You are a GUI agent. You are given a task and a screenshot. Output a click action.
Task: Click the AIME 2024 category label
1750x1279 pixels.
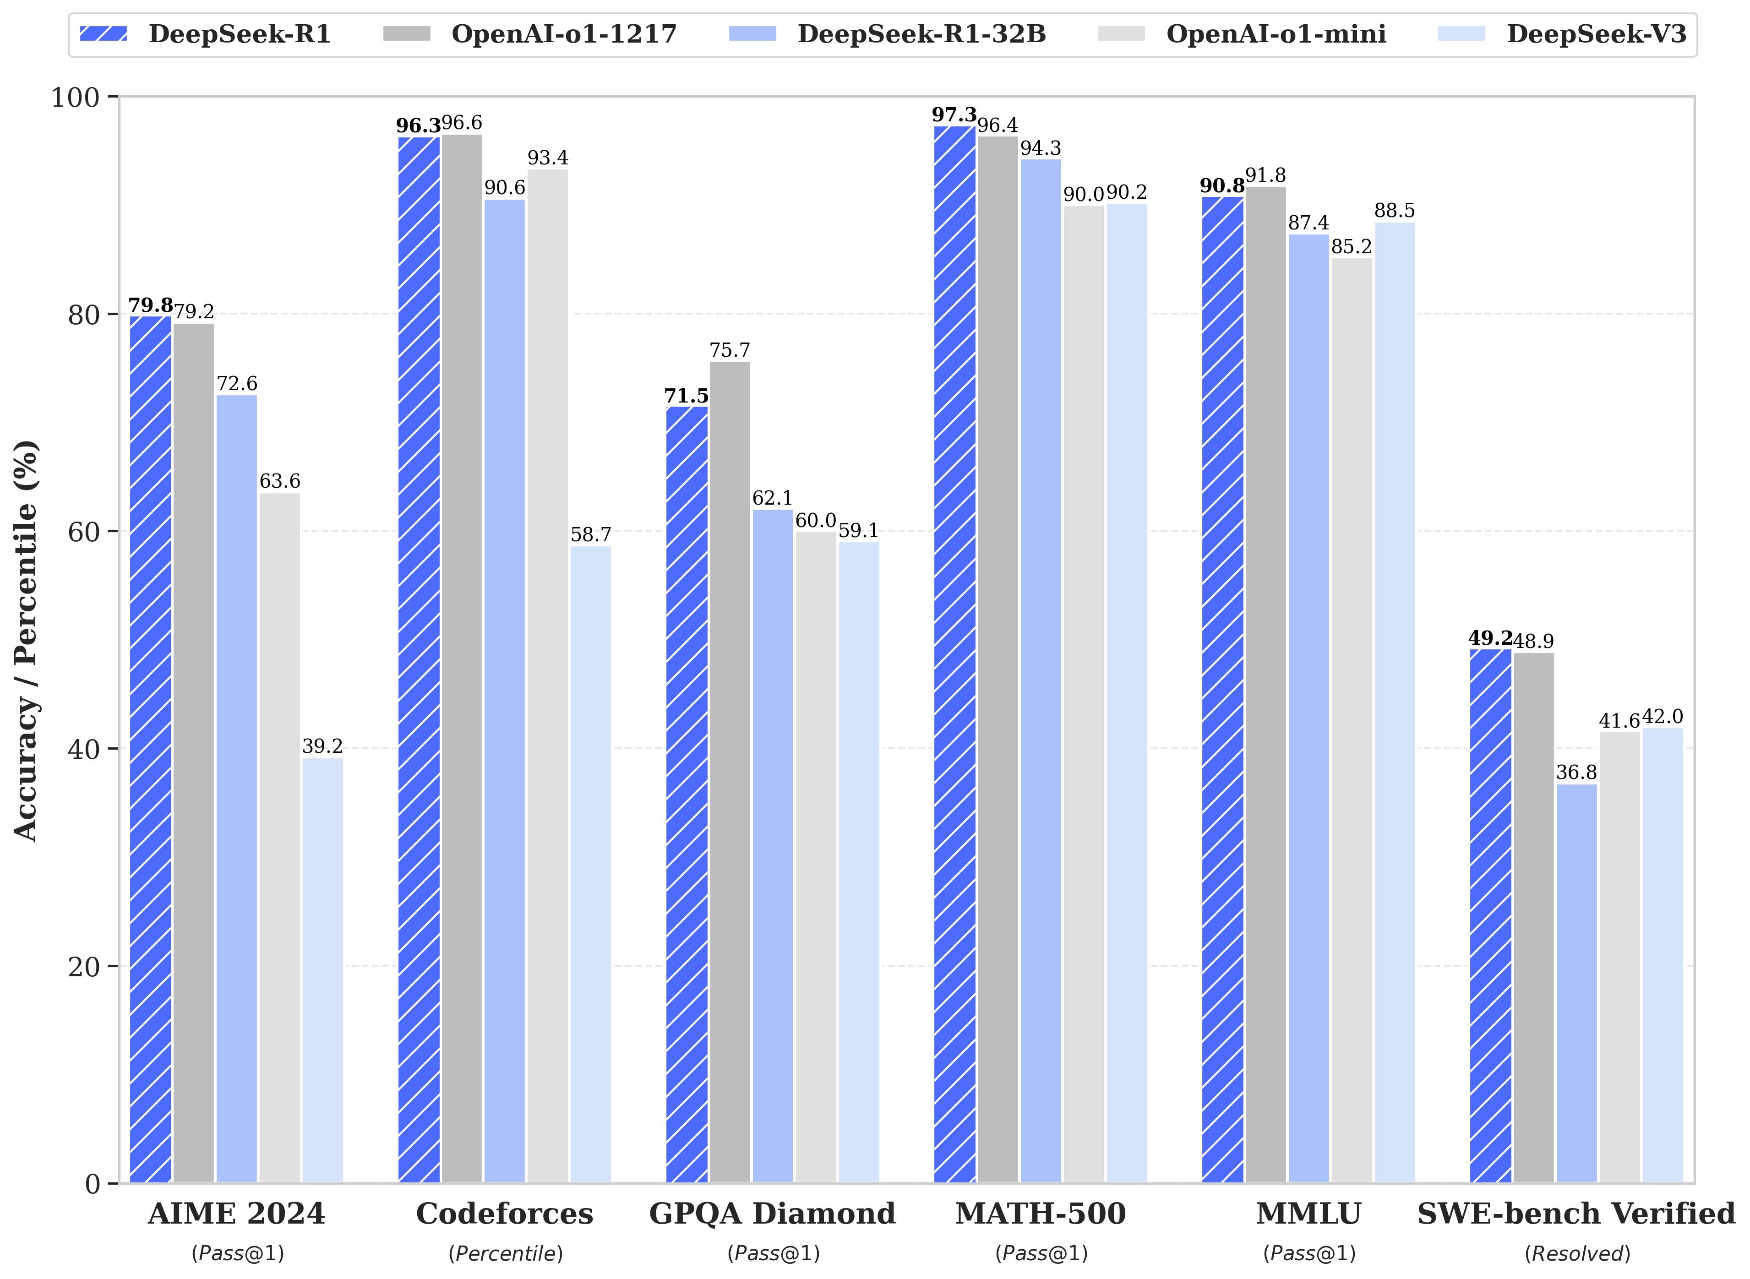tap(236, 1213)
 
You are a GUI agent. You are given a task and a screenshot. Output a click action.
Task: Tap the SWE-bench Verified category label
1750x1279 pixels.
tap(1576, 1213)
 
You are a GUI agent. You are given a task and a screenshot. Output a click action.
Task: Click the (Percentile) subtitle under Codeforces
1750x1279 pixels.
tap(505, 1253)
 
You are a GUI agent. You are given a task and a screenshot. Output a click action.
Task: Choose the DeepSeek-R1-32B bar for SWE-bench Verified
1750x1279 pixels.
tap(1576, 983)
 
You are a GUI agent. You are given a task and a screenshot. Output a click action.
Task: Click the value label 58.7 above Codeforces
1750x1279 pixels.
tap(591, 535)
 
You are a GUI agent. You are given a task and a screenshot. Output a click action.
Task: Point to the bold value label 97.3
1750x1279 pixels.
tap(954, 115)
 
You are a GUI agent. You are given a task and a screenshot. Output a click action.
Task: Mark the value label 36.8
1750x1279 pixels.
tap(1576, 773)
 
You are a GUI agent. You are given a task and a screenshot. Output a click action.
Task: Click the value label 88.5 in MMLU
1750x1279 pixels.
tap(1394, 211)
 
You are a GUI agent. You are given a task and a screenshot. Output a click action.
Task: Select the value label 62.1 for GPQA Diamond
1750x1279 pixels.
tap(772, 498)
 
